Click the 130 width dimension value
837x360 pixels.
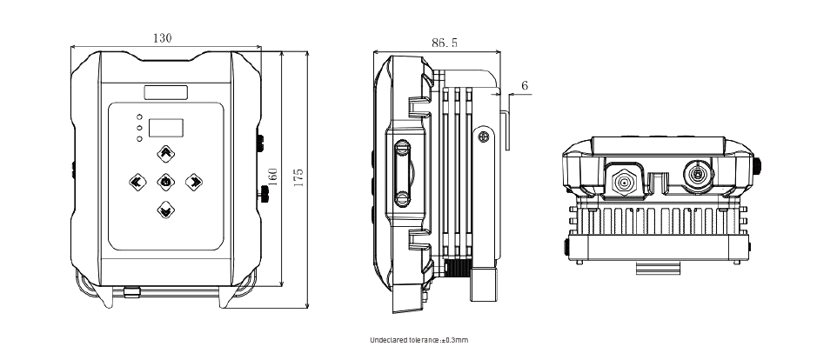click(x=163, y=38)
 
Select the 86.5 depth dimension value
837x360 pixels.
click(x=445, y=43)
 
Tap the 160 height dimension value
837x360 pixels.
click(x=273, y=177)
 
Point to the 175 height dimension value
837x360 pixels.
click(x=298, y=177)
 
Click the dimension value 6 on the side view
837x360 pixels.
click(x=525, y=85)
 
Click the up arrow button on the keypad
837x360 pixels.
click(x=166, y=154)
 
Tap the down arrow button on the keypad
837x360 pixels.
click(x=166, y=209)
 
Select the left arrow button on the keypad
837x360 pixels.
click(x=137, y=182)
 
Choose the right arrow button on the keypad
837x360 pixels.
click(x=194, y=182)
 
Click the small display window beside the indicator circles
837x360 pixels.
click(x=166, y=128)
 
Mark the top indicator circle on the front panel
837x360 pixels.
click(x=139, y=117)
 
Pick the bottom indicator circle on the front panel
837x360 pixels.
click(x=139, y=138)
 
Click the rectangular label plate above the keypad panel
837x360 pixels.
click(x=166, y=92)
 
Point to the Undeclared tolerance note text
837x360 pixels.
click(x=419, y=340)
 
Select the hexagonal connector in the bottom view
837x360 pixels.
click(x=623, y=183)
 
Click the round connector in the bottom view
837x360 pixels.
click(x=697, y=175)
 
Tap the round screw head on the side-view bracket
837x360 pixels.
click(x=484, y=137)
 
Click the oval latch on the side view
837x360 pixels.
click(x=403, y=173)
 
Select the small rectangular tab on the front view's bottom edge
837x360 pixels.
click(x=131, y=291)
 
